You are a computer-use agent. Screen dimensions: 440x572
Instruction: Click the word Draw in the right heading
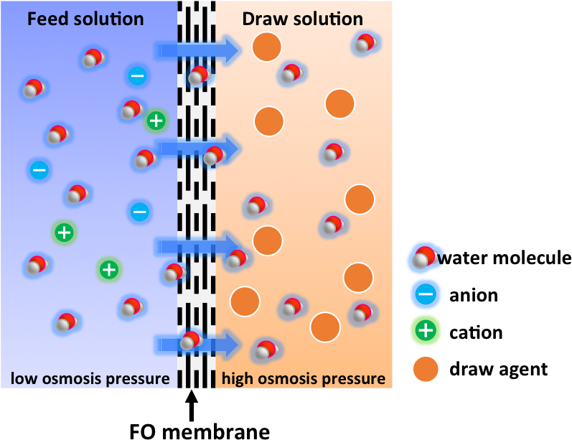point(261,18)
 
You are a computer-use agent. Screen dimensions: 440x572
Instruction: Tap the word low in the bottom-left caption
point(23,378)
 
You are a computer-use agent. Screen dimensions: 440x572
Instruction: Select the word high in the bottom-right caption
point(238,378)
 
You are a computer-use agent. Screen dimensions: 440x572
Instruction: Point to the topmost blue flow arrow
point(197,50)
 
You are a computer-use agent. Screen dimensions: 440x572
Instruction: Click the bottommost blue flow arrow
point(197,345)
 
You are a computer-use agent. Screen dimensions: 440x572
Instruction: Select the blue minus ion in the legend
point(426,293)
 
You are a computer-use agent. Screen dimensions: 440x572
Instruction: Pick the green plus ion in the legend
point(426,330)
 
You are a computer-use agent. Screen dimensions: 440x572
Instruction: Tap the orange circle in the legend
point(426,370)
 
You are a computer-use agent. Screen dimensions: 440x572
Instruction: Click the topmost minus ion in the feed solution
point(137,75)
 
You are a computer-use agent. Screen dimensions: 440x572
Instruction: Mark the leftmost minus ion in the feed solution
point(39,169)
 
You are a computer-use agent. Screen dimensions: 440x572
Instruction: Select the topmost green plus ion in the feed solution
point(156,121)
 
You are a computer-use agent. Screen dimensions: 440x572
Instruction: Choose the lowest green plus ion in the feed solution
point(108,269)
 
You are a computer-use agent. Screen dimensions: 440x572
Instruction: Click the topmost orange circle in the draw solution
point(267,47)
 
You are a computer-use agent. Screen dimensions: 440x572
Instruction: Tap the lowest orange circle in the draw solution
point(324,327)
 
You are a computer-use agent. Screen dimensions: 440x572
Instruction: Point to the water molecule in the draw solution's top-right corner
point(365,44)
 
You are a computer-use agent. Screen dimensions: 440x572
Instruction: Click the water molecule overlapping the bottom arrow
point(190,340)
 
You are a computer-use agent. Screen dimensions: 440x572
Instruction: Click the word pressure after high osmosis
point(355,378)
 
